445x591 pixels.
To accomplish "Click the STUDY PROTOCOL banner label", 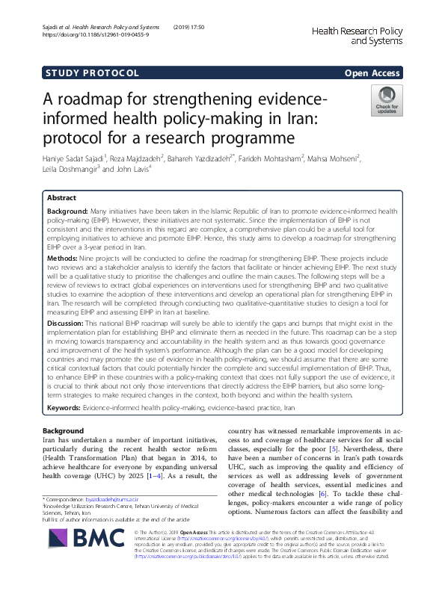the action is [93, 72].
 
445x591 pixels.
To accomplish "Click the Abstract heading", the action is [61, 198].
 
